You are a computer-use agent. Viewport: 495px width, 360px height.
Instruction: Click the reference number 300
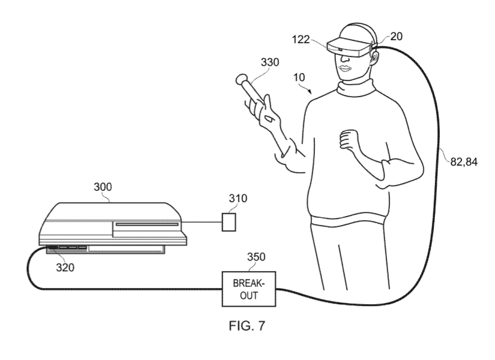click(x=103, y=187)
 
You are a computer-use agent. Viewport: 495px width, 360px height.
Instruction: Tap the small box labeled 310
click(x=229, y=222)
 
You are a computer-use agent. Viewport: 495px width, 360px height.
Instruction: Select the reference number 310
click(x=238, y=199)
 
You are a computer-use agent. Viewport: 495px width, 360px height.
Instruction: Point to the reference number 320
click(x=65, y=268)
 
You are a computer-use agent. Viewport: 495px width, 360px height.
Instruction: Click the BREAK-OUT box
click(x=249, y=289)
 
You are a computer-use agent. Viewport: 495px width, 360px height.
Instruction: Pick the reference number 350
click(x=256, y=257)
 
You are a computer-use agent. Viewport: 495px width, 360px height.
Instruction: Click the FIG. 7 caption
click(x=247, y=326)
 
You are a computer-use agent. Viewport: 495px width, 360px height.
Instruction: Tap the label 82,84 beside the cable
click(x=464, y=162)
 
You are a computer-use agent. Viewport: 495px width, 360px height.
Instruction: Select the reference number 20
click(x=397, y=37)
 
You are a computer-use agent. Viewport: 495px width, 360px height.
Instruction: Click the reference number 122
click(x=301, y=40)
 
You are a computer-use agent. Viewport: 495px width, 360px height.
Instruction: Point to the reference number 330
click(x=270, y=62)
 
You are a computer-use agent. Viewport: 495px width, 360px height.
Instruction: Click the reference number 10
click(x=299, y=77)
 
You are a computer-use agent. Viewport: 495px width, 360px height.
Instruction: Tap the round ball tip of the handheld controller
click(x=242, y=79)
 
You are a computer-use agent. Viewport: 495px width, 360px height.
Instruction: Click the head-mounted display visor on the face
click(x=349, y=47)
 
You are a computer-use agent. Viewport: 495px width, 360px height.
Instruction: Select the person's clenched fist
click(x=349, y=139)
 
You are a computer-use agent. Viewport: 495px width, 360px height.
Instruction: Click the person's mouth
click(x=345, y=68)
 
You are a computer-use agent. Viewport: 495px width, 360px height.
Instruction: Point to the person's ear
click(x=374, y=56)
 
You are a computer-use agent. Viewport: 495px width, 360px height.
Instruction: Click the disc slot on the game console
click(x=147, y=224)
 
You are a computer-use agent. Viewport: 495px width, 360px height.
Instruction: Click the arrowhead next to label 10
click(x=310, y=92)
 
